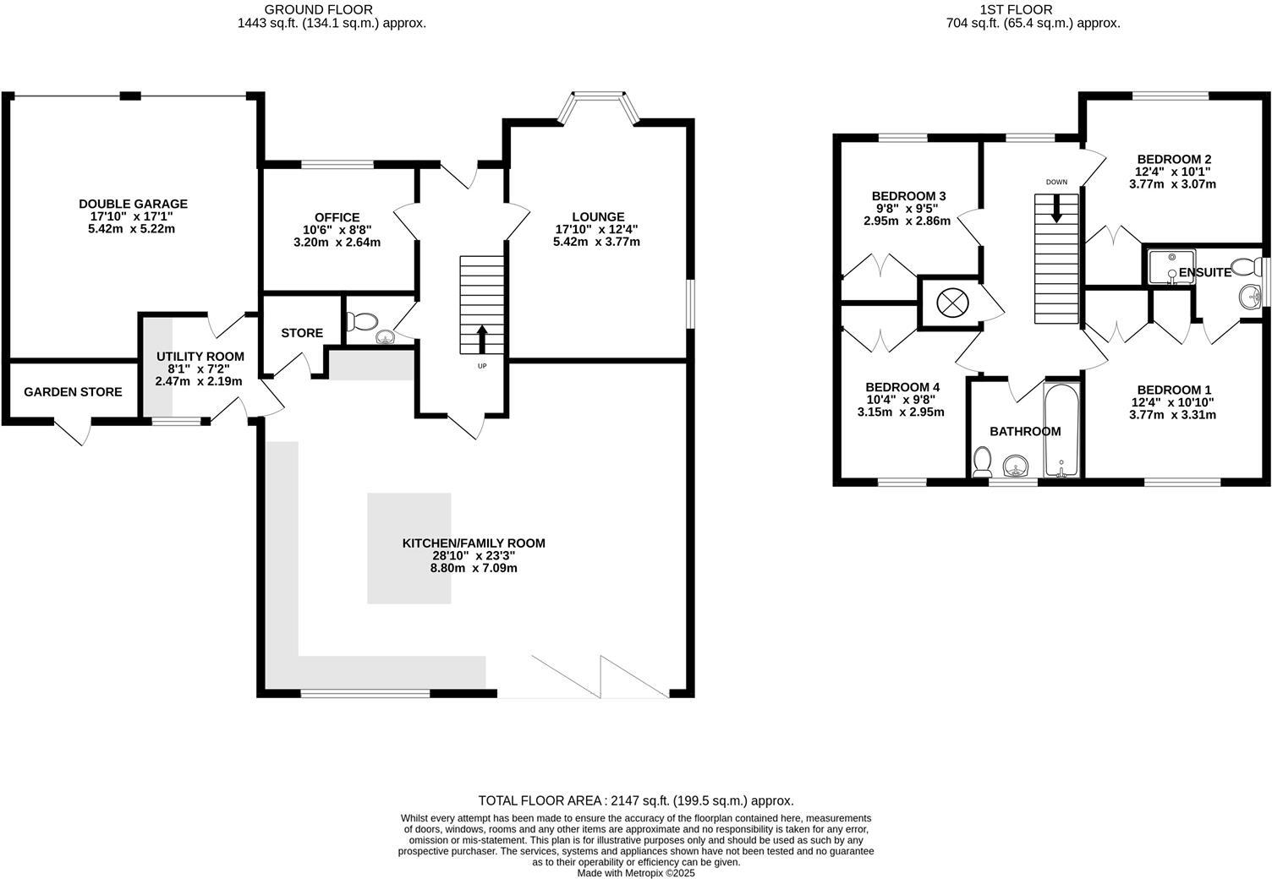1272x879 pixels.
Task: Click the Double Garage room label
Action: click(133, 204)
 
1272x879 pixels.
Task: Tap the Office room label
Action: click(337, 217)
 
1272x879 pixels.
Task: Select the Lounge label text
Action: click(597, 216)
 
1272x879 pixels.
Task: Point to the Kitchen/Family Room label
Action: click(473, 543)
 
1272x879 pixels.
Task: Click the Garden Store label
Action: click(73, 392)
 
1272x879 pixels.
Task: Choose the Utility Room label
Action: click(200, 357)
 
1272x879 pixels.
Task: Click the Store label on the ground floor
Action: click(302, 333)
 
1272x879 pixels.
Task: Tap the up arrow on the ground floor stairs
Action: click(482, 339)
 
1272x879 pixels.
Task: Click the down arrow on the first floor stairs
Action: click(1056, 210)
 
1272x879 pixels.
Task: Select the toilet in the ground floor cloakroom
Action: click(365, 321)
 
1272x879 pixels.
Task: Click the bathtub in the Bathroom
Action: click(1061, 429)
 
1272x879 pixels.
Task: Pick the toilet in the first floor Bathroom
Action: click(982, 461)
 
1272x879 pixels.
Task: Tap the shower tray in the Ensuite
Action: click(1171, 265)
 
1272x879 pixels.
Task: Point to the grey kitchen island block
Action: click(408, 548)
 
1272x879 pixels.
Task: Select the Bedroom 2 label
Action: click(1174, 159)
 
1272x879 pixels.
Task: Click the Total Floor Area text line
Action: click(635, 800)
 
